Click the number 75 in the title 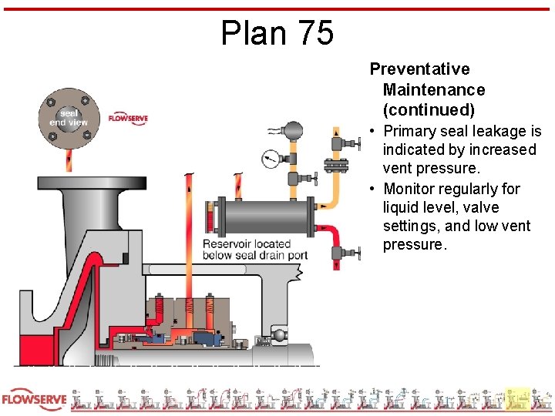(x=314, y=33)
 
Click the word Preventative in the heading (x=419, y=69)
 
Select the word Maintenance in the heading (x=434, y=89)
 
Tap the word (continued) (x=429, y=109)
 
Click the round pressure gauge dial (x=270, y=159)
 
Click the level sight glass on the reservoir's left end (x=210, y=210)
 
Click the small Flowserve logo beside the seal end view (x=127, y=118)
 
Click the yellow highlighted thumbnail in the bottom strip (x=519, y=399)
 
